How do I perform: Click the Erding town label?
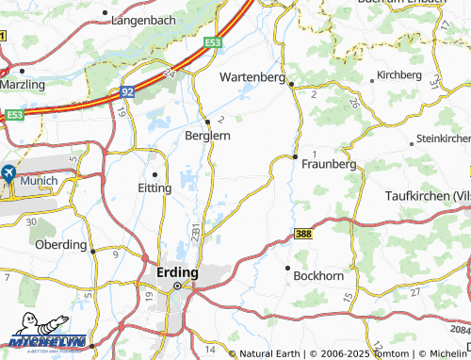click(174, 272)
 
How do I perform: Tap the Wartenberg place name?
click(252, 77)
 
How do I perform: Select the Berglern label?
click(206, 136)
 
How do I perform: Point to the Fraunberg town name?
click(329, 164)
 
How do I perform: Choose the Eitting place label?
click(154, 188)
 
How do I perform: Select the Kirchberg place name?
click(398, 74)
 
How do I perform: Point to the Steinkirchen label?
click(443, 139)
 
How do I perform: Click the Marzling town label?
click(23, 84)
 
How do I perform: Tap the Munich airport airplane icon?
click(8, 173)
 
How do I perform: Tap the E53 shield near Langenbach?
click(214, 42)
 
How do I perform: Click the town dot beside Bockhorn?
click(286, 268)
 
